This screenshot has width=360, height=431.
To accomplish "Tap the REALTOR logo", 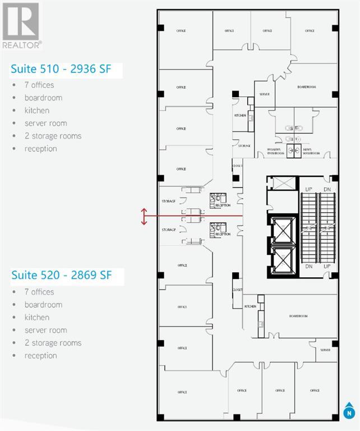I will [x=21, y=25].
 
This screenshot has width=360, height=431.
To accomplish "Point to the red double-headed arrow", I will [x=144, y=216].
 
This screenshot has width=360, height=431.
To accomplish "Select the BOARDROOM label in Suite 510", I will [x=307, y=88].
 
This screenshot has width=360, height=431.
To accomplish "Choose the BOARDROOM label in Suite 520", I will [x=298, y=317].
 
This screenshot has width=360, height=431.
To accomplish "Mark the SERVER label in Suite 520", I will [x=325, y=349].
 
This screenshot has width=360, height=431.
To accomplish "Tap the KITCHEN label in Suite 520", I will [x=250, y=306].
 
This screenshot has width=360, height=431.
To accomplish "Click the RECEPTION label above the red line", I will [x=223, y=205].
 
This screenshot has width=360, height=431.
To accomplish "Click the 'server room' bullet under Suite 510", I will [x=45, y=123].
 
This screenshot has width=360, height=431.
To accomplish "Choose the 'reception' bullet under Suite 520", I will [x=40, y=355].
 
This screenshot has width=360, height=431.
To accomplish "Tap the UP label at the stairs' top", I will [x=308, y=190].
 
